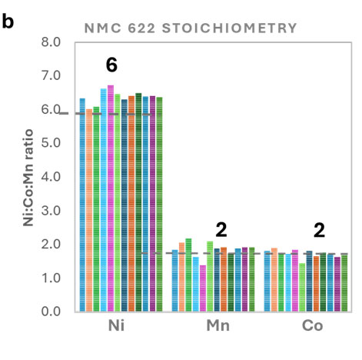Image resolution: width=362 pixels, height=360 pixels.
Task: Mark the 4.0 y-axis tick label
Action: coord(51,177)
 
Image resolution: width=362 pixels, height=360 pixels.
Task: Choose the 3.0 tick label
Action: coord(51,211)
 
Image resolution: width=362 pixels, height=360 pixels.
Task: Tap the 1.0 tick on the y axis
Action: coord(51,278)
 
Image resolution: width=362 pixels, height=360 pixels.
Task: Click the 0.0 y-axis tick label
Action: coord(51,312)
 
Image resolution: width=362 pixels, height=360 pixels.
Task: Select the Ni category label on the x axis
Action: coord(120,327)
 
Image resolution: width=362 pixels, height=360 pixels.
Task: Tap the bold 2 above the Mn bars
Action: coord(221,228)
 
